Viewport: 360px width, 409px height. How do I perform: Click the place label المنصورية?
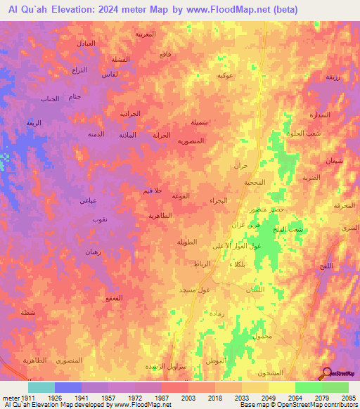tap(191, 141)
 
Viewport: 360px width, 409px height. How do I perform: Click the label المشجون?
tap(271, 372)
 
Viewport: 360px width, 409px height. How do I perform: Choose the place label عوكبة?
tap(225, 75)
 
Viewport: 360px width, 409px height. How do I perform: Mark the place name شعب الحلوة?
tap(309, 134)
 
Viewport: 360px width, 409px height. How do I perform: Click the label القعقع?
tap(115, 299)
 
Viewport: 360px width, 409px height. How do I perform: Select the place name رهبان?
tap(94, 252)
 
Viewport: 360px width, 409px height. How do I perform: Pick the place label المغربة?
tap(146, 33)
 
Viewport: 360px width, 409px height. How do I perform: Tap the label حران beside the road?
tap(241, 166)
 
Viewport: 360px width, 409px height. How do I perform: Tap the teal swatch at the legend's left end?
tap(41, 387)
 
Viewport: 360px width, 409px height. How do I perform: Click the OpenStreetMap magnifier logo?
tap(326, 374)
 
